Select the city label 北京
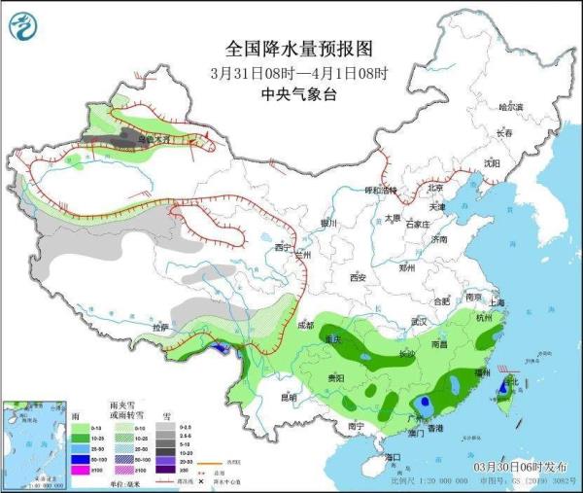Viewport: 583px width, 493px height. coord(436,189)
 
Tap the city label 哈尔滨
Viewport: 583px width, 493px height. coord(510,106)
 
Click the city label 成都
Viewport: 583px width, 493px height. coord(307,325)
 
